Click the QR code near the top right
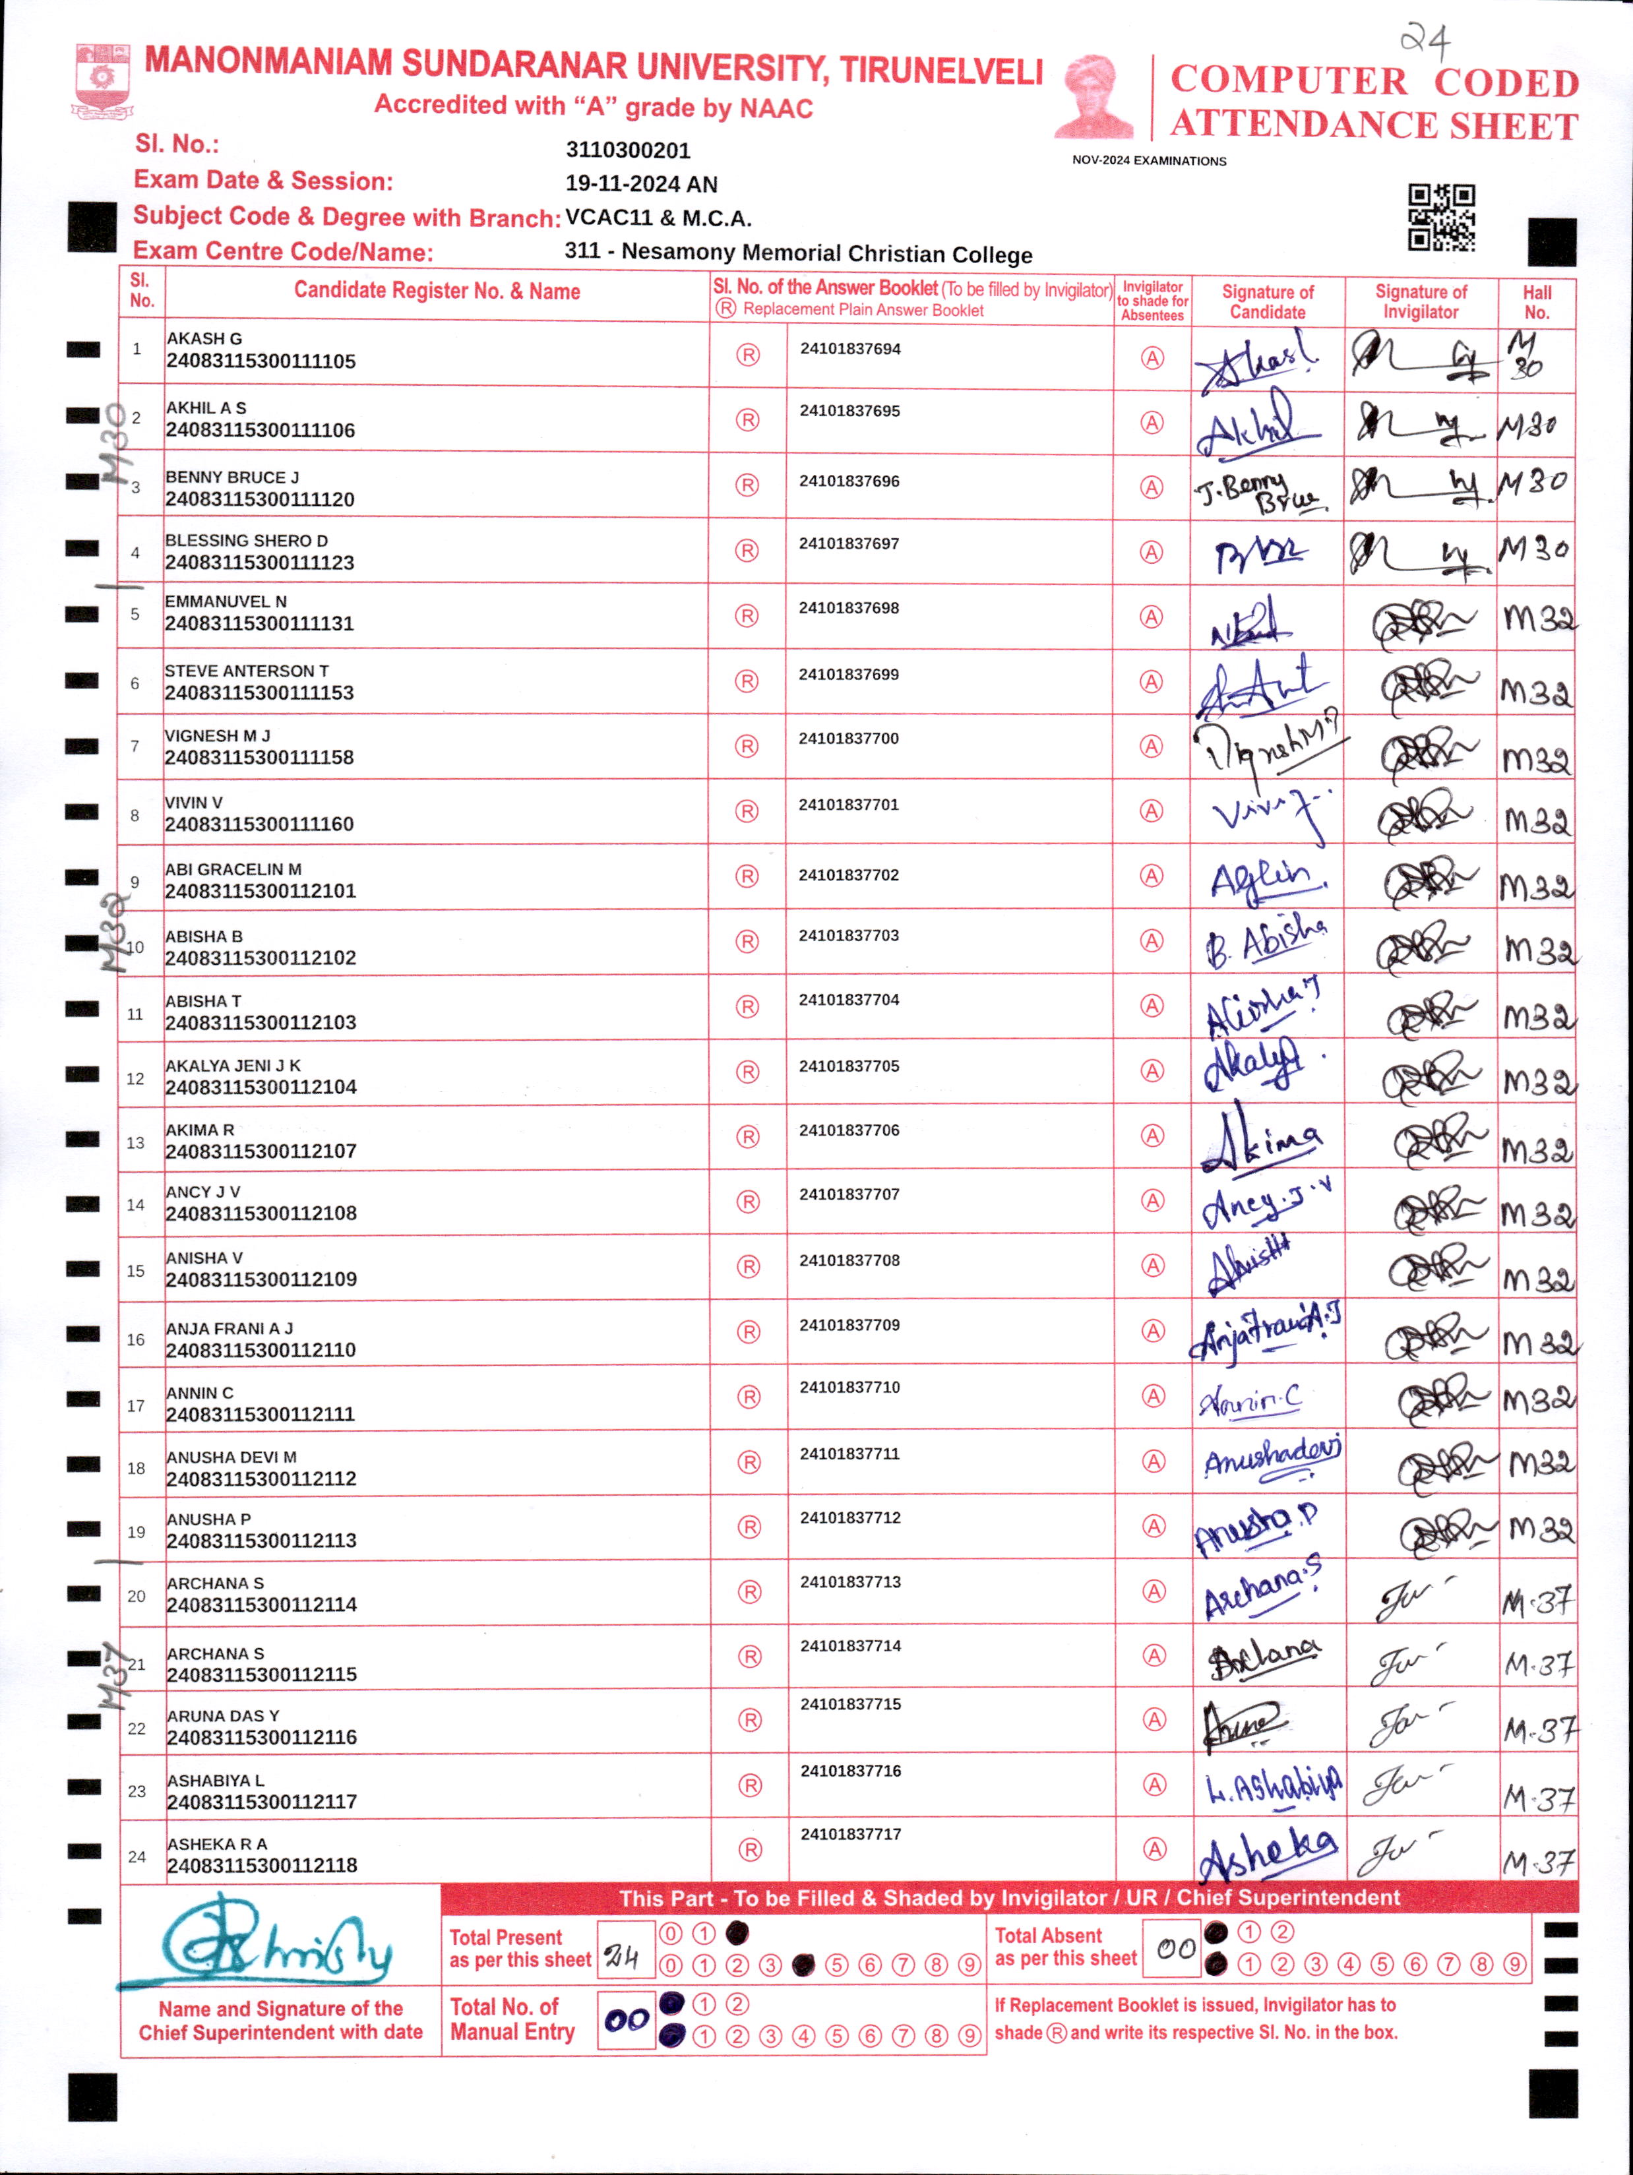[1441, 218]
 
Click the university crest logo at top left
[102, 82]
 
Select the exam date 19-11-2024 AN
[641, 184]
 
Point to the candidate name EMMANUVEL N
[226, 601]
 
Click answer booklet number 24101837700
[848, 739]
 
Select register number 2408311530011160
[260, 824]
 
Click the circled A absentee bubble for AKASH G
[1152, 358]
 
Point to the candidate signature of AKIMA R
[1264, 1139]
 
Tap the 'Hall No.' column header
[1537, 302]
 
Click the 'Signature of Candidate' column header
[1267, 302]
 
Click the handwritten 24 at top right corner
[1425, 40]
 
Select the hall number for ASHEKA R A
[1537, 1860]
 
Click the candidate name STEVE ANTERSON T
[247, 671]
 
